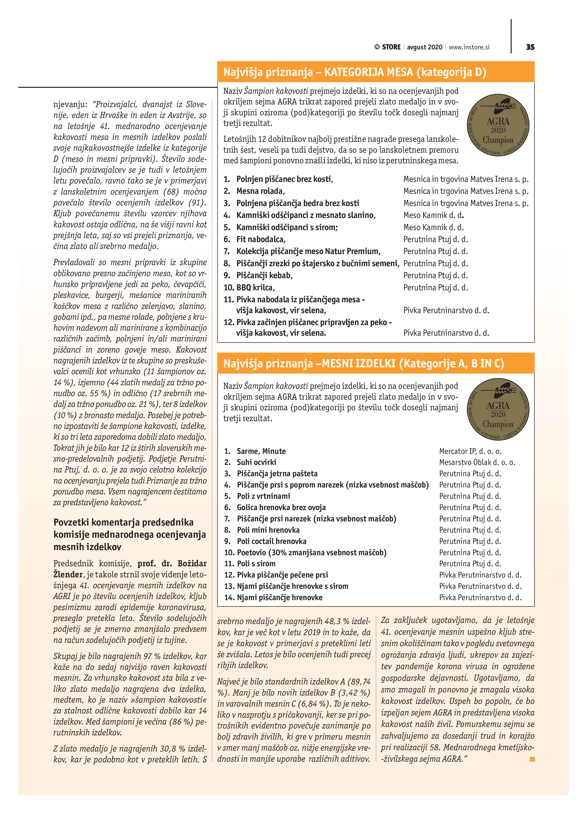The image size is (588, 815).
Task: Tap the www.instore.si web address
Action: (469, 47)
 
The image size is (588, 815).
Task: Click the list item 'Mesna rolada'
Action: (260, 191)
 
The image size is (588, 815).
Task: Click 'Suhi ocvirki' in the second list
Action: (256, 462)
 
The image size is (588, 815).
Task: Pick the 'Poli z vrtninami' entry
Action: (263, 496)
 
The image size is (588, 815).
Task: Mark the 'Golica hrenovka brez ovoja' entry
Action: (281, 507)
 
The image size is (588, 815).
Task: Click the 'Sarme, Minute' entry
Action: (261, 451)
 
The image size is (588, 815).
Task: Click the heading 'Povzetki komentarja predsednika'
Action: (123, 522)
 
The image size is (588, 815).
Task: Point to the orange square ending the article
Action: (532, 759)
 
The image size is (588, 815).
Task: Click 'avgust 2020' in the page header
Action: (424, 47)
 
